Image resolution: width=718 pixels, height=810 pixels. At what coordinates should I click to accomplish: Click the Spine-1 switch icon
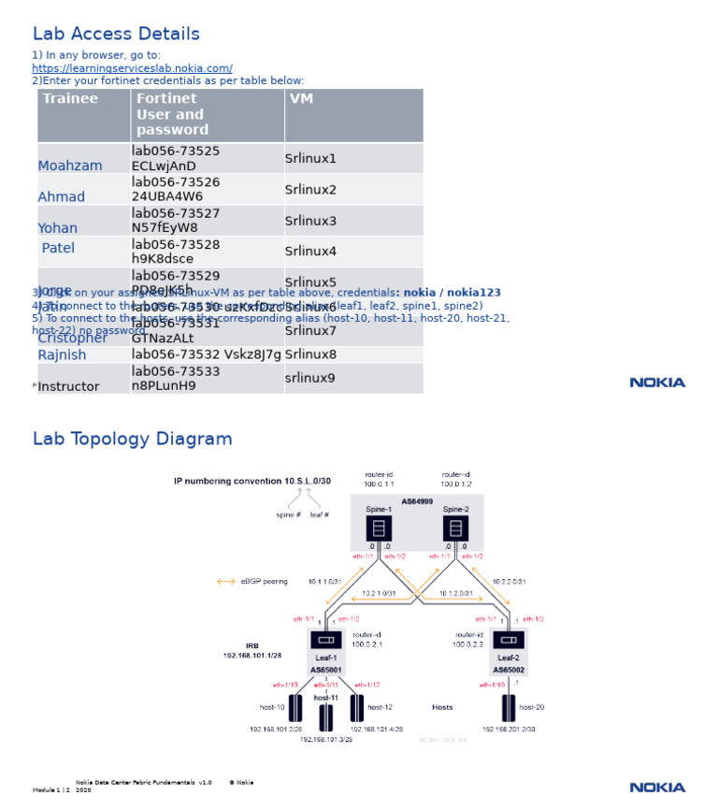pos(379,528)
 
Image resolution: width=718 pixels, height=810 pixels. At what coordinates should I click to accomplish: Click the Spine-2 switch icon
pos(455,528)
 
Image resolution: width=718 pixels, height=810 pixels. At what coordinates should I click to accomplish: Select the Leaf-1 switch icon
pos(326,640)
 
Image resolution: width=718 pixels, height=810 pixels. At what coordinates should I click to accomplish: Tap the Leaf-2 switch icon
pos(509,640)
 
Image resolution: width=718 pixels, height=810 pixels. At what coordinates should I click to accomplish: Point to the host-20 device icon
pos(509,707)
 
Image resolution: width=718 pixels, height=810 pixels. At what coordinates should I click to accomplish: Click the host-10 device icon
pos(295,707)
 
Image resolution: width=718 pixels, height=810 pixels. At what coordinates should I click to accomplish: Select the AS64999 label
pos(417,502)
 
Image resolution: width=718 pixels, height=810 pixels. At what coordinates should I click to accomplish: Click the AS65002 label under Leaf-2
pos(509,670)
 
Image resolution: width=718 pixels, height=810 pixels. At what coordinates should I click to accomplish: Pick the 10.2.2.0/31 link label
pos(509,582)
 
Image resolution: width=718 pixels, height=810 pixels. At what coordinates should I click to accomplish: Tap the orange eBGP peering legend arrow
pos(226,582)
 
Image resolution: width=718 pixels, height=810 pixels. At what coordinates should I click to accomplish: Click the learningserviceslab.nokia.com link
pos(132,68)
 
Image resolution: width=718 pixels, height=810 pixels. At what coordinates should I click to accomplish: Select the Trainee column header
pos(70,99)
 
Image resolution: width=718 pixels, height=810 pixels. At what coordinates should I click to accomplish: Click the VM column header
pos(301,99)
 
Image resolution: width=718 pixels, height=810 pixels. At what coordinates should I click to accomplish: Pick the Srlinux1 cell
pos(310,159)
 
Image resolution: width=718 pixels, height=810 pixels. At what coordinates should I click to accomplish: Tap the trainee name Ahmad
pos(61,197)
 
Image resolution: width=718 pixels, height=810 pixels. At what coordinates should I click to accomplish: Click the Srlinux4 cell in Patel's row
pos(310,252)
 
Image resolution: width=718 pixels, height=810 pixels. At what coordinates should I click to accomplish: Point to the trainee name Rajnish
pos(62,355)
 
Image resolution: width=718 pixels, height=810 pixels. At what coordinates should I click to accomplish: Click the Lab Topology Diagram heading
pos(132,440)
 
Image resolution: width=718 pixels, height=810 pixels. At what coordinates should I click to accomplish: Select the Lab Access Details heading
pos(116,35)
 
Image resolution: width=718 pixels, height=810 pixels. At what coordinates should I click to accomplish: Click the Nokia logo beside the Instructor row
pos(657,383)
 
